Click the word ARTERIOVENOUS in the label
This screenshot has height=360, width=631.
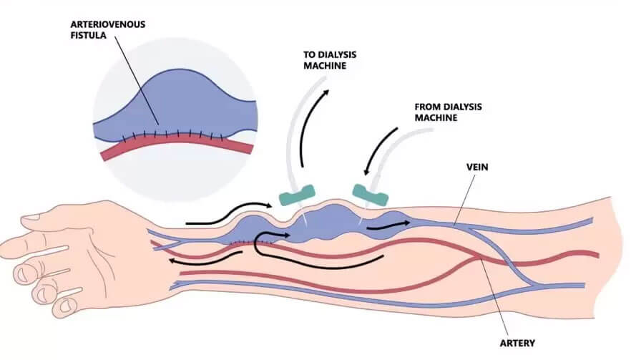(x=107, y=24)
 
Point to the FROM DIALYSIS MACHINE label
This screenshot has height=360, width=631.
(x=448, y=112)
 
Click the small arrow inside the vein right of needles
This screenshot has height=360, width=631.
(x=390, y=225)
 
